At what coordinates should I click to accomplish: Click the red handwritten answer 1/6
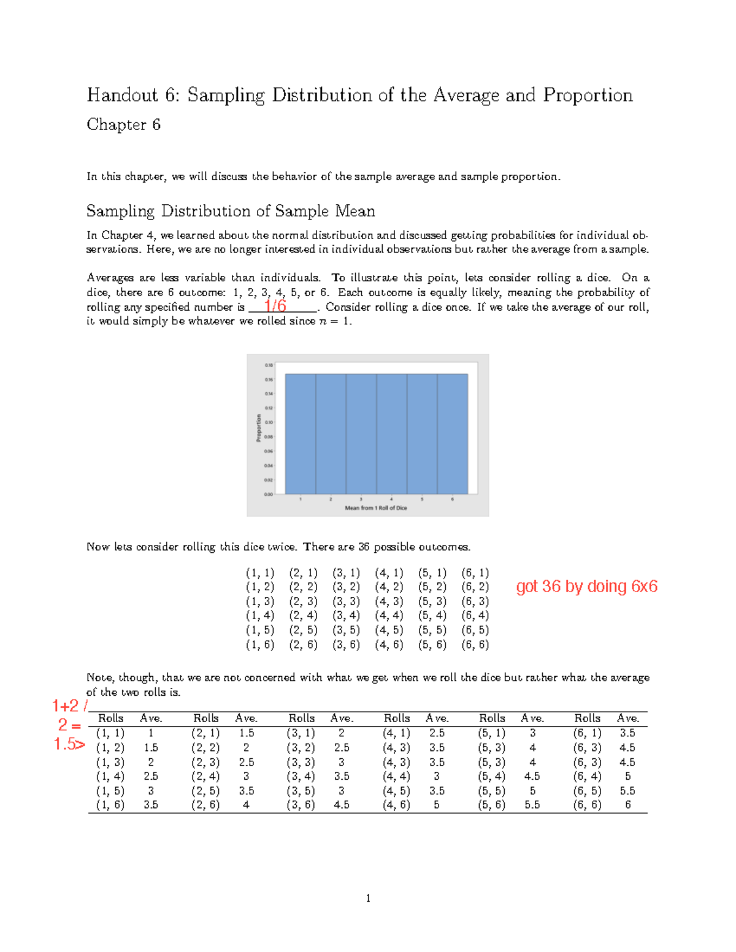(275, 305)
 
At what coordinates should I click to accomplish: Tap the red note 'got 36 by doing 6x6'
(586, 587)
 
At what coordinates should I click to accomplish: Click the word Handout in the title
(123, 95)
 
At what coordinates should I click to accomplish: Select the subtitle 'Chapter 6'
(123, 124)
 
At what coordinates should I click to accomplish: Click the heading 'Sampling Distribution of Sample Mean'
(231, 211)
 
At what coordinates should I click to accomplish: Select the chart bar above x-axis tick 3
(361, 433)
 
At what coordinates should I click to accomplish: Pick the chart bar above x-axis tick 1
(301, 433)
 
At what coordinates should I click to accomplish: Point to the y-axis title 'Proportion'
(258, 428)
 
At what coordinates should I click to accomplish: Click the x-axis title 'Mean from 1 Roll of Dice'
(376, 508)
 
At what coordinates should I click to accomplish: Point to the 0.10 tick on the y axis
(269, 422)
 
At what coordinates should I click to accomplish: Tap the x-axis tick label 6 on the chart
(452, 500)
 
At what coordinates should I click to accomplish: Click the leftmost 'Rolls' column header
(111, 718)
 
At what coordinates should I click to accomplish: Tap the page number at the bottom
(368, 899)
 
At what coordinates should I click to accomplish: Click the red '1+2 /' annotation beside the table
(69, 706)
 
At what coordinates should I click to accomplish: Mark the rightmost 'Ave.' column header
(628, 718)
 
